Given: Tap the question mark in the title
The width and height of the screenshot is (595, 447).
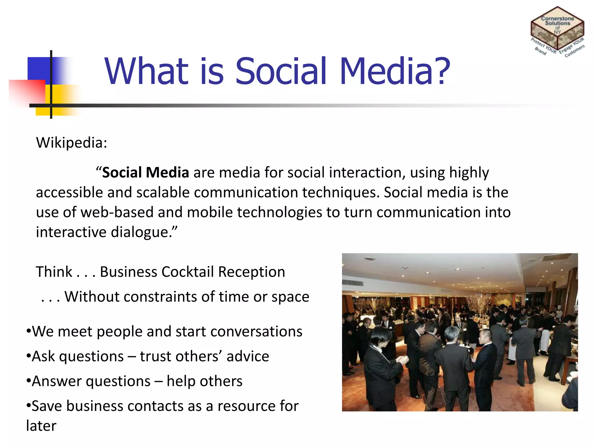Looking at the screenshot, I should point(442,71).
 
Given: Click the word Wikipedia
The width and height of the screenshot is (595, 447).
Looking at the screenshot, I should point(70,143).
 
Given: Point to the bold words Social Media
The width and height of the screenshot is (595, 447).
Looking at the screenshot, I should point(146,173).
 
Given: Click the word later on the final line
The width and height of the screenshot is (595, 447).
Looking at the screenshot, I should point(41,426).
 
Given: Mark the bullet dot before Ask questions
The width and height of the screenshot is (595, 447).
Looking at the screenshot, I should point(28,356).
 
